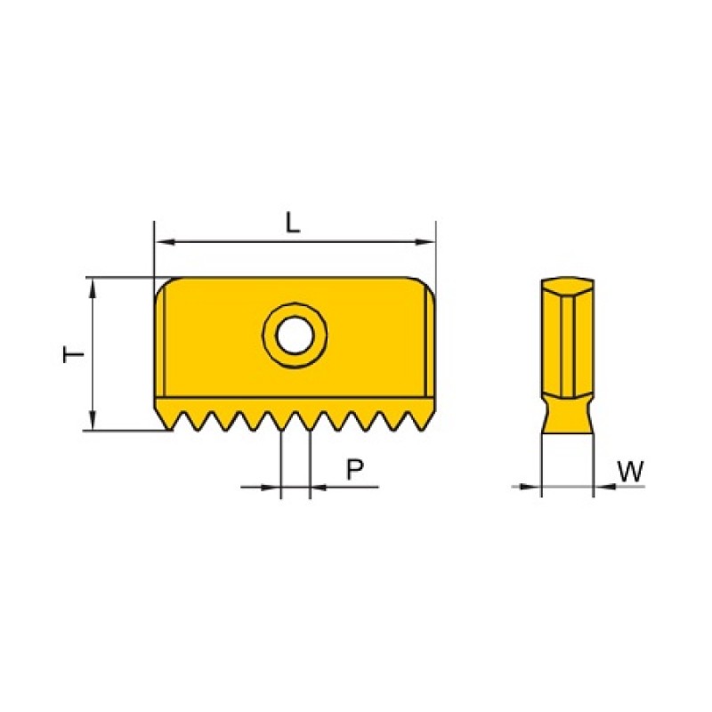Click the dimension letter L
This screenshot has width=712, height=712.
coord(293,223)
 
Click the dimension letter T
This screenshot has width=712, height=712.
coord(74,354)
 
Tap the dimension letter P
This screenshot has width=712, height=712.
coord(355,469)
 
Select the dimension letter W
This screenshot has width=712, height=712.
coord(631,471)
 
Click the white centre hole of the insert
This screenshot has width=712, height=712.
coord(295,336)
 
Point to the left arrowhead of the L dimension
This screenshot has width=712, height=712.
coord(165,241)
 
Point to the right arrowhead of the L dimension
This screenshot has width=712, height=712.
coord(425,241)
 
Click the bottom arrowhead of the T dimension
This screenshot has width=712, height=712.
coord(93,419)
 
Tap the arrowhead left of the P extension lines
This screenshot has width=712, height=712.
coord(271,487)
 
